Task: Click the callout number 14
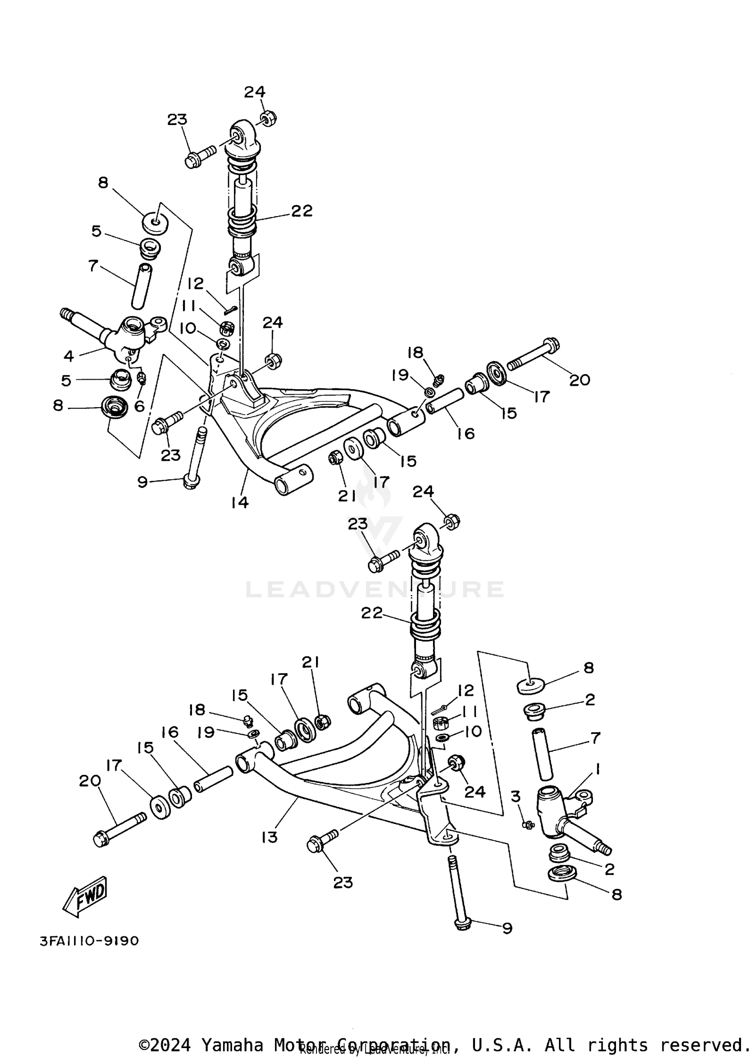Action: (240, 502)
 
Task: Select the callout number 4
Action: (68, 356)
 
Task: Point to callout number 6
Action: (139, 406)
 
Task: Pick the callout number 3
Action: (515, 796)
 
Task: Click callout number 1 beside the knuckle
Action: (597, 768)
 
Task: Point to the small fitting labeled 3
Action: (527, 824)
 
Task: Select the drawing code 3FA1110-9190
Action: (89, 941)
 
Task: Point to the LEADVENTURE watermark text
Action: (375, 589)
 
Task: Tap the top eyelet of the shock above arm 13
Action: (422, 538)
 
